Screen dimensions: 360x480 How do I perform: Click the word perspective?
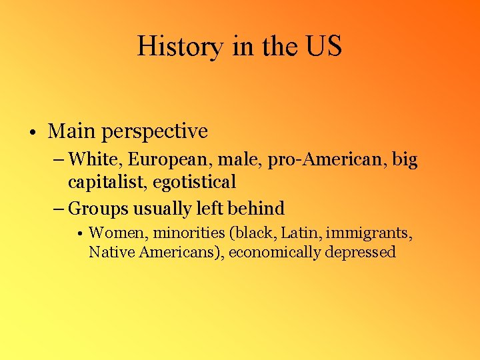click(155, 132)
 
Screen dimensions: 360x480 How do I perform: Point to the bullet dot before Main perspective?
click(32, 133)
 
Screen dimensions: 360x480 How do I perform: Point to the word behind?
click(256, 208)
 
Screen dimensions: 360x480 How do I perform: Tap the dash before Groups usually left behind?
click(58, 209)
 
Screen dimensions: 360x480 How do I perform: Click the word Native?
click(109, 252)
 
